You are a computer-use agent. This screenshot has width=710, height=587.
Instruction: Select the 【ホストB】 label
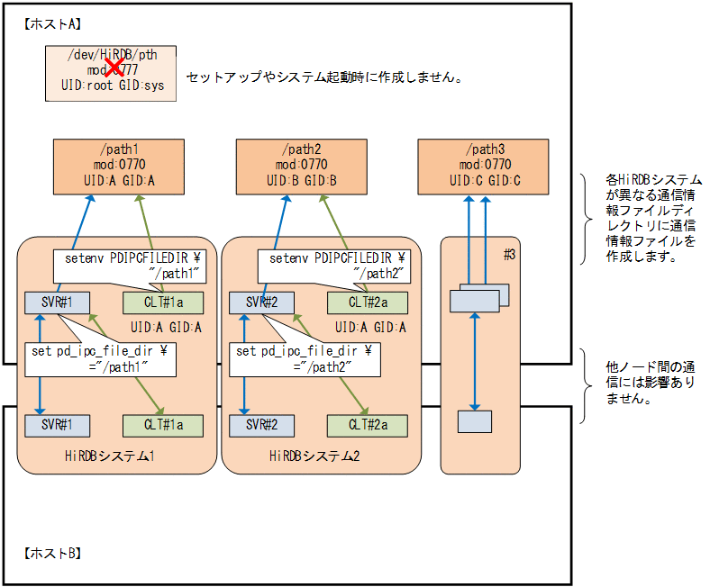point(51,552)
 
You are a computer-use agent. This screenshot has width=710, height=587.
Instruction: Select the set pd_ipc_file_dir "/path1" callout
point(100,357)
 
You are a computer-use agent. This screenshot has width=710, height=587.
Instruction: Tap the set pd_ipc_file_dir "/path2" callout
point(305,357)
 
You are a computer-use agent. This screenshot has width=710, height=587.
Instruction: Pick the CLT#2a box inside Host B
point(367,424)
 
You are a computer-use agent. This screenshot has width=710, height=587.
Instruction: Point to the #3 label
point(510,255)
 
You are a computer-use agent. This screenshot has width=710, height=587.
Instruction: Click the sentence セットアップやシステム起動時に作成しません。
point(324,77)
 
